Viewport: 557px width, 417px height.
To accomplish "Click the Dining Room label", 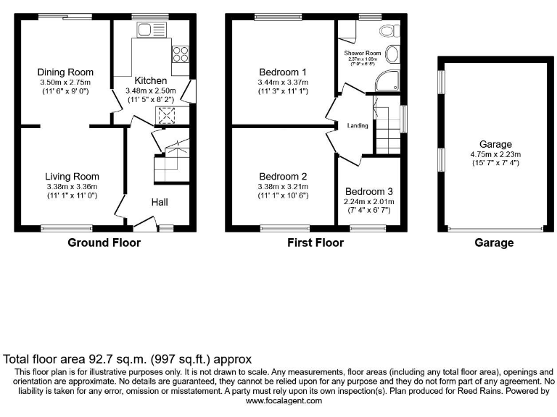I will point(65,72).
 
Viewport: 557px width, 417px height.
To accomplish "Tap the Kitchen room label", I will point(150,80).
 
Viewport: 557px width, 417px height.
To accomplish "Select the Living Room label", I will point(72,176).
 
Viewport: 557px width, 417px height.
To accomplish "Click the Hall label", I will point(160,203).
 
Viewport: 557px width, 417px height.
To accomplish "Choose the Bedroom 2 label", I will point(282,176).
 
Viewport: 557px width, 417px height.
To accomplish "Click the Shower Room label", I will point(363,53).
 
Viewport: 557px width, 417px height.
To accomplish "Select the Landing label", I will point(358,126).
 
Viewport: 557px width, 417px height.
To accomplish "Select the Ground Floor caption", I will point(104,243).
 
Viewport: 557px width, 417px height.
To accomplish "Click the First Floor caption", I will point(315,243).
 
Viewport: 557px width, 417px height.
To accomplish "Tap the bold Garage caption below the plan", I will point(494,243).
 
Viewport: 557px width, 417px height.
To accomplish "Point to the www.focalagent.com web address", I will point(278,400).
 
